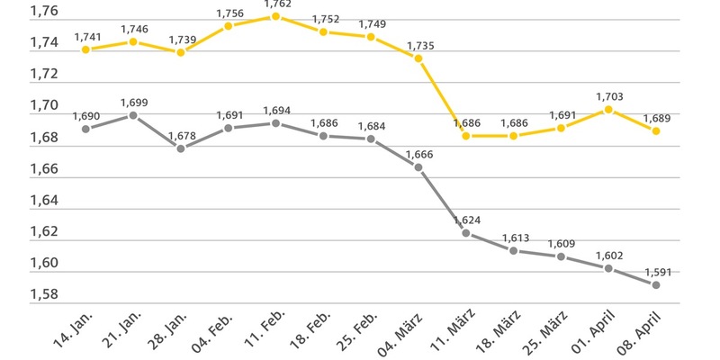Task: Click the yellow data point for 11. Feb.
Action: coord(275,16)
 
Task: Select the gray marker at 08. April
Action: coord(656,284)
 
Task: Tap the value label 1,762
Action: coord(275,4)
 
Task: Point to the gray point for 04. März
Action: coord(418,167)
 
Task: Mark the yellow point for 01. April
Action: coord(608,110)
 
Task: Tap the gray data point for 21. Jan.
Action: coord(133,115)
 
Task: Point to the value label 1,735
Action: coord(418,45)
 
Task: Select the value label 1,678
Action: coord(180,135)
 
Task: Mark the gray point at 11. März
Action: coord(465,233)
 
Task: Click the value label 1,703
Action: coord(608,96)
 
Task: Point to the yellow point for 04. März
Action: coord(418,58)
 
